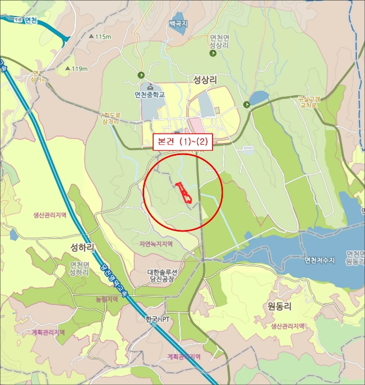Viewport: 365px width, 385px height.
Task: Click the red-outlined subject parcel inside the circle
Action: (184, 193)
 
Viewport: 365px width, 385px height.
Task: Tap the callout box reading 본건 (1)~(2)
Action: (182, 141)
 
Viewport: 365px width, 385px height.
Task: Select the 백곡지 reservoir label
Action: (178, 24)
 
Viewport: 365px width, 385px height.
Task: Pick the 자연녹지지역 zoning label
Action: (156, 244)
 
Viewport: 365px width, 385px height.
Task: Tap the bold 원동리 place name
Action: (279, 306)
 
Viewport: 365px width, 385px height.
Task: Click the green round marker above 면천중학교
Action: (140, 75)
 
